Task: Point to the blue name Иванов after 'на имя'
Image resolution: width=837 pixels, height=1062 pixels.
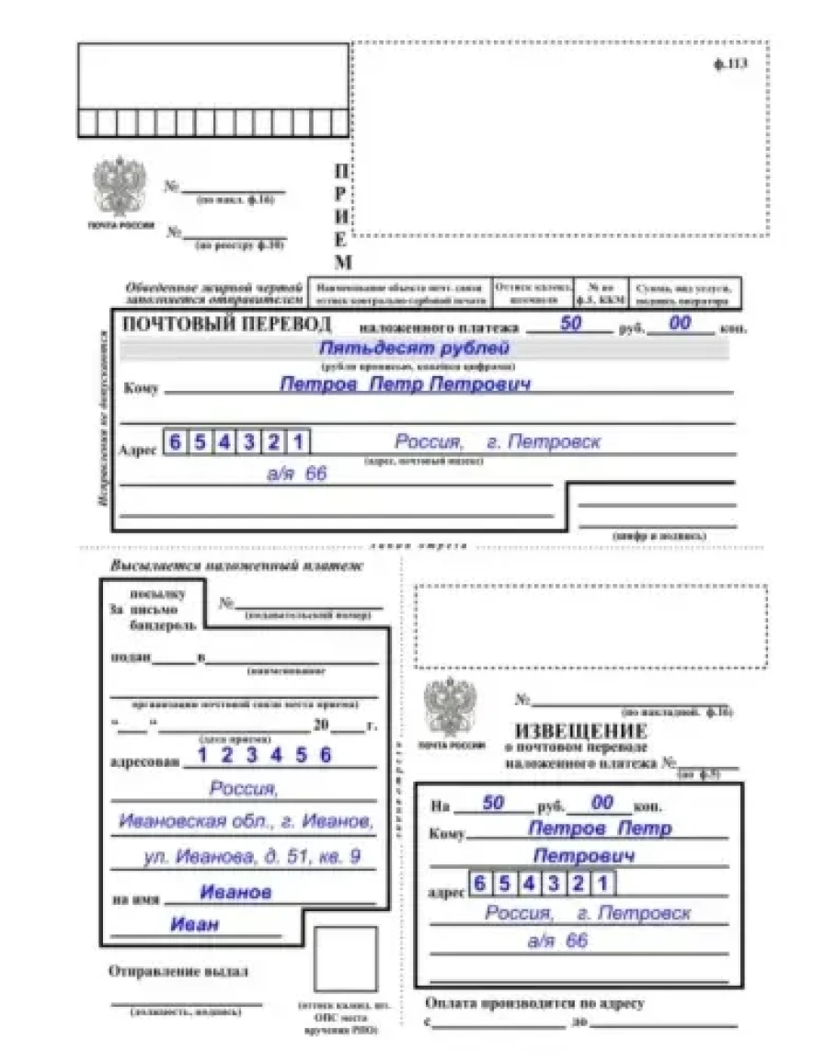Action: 235,892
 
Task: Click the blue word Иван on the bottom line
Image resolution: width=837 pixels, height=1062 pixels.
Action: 195,924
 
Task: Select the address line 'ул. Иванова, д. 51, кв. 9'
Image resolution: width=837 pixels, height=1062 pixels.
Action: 251,857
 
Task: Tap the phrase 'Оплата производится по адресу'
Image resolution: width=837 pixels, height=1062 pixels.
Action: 535,1002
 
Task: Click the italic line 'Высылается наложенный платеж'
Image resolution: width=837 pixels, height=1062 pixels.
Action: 236,565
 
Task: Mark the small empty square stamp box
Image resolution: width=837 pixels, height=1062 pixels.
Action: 345,959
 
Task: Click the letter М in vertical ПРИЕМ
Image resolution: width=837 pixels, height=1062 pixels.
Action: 340,262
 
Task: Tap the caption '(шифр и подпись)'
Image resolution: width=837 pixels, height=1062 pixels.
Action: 659,534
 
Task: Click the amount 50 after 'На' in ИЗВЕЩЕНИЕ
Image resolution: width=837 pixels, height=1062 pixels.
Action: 493,803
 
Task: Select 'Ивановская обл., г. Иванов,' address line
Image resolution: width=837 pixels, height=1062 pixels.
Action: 246,820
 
